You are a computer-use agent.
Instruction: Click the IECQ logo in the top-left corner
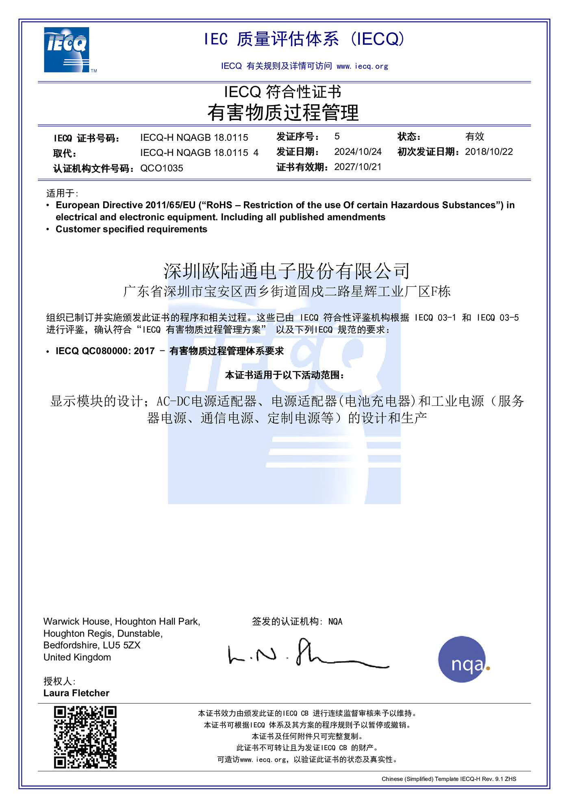click(x=67, y=50)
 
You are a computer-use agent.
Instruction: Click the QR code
click(x=85, y=737)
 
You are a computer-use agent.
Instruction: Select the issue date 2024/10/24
click(x=358, y=152)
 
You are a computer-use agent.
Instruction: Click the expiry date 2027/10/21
click(x=358, y=167)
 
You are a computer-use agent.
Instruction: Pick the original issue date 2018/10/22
click(x=489, y=152)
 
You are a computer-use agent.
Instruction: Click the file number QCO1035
click(x=162, y=168)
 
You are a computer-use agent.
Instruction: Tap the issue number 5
click(x=337, y=136)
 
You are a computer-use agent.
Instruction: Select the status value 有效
click(x=475, y=136)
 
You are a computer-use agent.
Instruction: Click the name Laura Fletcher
click(x=76, y=693)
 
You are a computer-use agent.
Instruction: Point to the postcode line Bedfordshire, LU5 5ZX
click(x=92, y=645)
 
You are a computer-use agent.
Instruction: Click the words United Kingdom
click(x=77, y=657)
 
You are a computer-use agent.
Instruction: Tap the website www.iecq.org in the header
click(x=362, y=66)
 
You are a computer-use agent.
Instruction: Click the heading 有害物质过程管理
click(x=283, y=113)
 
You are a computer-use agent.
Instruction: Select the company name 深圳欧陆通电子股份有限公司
click(x=287, y=271)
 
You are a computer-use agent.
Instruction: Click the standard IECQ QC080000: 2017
click(x=105, y=351)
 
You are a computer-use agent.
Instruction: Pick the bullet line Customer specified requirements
click(x=131, y=229)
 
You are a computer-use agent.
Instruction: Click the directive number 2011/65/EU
click(x=171, y=205)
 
